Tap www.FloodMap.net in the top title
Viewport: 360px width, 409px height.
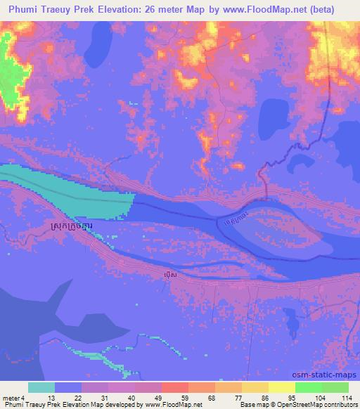pos(278,9)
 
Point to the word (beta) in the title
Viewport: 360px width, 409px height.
pos(335,9)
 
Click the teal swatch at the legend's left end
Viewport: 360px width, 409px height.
pos(41,387)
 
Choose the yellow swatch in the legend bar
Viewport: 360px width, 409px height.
pos(281,387)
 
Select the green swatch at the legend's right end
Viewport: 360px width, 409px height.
pos(334,387)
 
